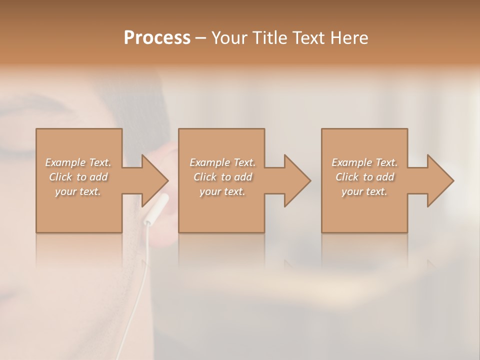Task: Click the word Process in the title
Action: tap(157, 37)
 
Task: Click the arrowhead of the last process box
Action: tap(439, 180)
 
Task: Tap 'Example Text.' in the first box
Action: tap(78, 162)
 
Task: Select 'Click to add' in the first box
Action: tap(78, 177)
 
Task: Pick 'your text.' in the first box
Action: tap(78, 191)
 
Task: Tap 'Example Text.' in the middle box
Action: tap(222, 162)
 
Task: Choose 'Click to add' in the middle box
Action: tap(222, 177)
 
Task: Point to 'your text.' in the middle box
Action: tap(222, 191)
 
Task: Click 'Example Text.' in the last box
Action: tap(364, 162)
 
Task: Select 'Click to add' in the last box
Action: tap(364, 177)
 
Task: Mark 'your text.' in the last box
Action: tap(364, 191)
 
